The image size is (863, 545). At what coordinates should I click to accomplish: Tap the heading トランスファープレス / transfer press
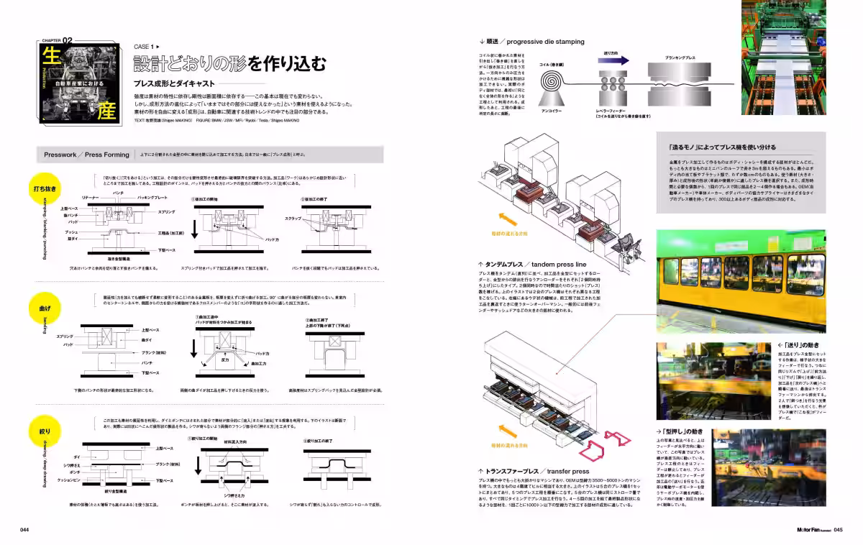[537, 472]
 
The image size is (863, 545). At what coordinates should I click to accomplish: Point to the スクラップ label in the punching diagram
[293, 217]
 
